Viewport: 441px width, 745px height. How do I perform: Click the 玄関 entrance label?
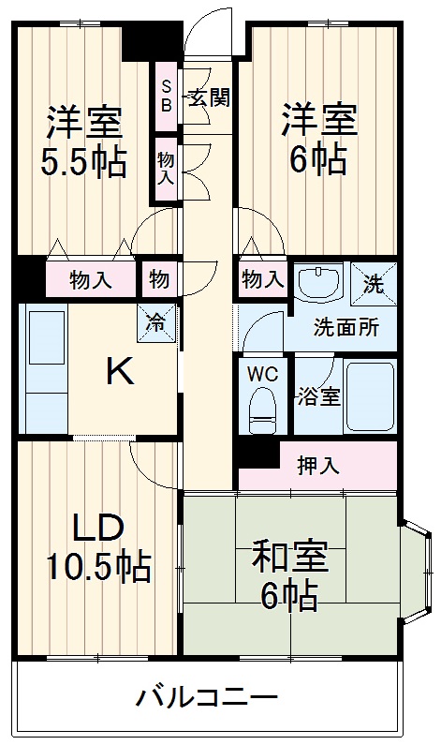click(x=208, y=97)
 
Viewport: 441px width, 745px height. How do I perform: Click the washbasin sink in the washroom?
click(x=320, y=284)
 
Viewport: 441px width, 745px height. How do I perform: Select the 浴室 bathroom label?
click(x=317, y=396)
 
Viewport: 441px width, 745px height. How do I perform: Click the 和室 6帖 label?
click(x=289, y=574)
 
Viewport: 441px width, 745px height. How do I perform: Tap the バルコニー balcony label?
click(x=207, y=699)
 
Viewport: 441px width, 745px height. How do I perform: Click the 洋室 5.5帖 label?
click(x=83, y=143)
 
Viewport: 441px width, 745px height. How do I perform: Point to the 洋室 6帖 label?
click(x=316, y=139)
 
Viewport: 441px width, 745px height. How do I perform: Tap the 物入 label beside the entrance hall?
click(x=166, y=168)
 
